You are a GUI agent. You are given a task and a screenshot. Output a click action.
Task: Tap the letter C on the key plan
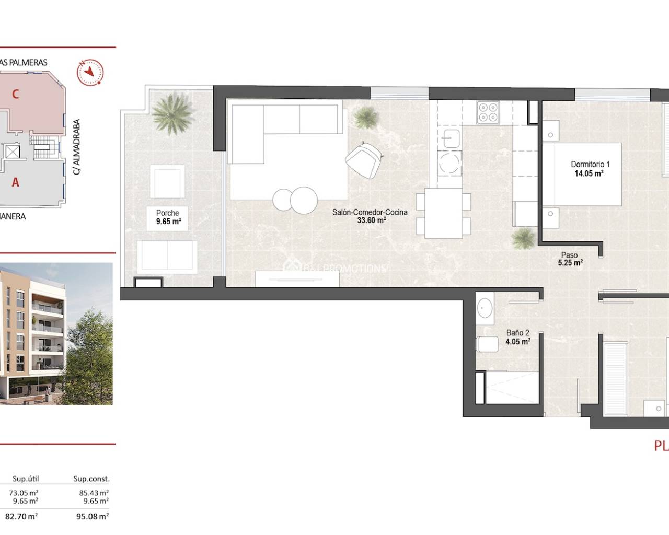[x=16, y=94]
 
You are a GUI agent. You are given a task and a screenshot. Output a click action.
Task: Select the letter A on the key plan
[x=16, y=182]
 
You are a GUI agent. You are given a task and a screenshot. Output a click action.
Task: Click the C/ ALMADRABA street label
[x=76, y=147]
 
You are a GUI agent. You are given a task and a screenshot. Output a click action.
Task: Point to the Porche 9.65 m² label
[x=168, y=217]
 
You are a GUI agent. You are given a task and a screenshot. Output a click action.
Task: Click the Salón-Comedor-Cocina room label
[x=370, y=216]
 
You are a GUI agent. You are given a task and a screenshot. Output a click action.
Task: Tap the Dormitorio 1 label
[x=590, y=169]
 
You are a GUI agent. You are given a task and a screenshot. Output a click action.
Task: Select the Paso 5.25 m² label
[x=570, y=259]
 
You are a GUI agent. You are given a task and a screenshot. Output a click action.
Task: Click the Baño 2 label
[x=517, y=337]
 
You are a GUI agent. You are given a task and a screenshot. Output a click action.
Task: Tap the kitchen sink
[x=450, y=139]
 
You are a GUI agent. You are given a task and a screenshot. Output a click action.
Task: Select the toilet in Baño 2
[x=487, y=345]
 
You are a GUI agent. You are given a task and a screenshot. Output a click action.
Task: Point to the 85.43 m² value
[x=94, y=492]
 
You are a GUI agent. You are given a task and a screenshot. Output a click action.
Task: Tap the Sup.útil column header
[x=26, y=479]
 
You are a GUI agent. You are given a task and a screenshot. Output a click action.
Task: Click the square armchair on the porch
[x=167, y=180]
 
